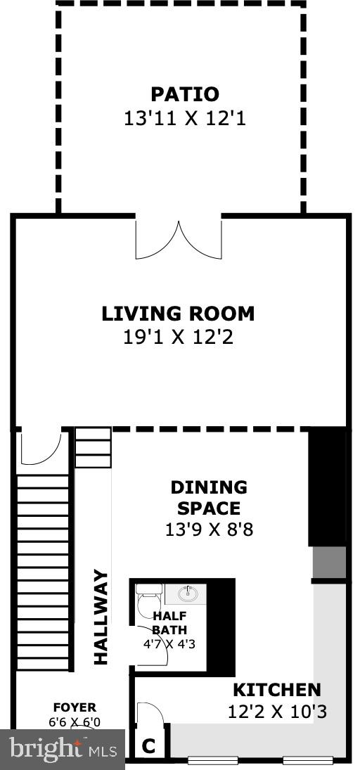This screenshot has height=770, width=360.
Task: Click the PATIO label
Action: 185,94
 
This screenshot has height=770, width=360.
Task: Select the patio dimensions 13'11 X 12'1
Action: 185,119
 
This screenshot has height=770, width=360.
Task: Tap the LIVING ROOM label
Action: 178,314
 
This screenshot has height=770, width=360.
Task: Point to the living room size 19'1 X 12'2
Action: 178,338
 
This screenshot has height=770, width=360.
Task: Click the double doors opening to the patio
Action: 179,240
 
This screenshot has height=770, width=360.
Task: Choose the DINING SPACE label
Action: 209,497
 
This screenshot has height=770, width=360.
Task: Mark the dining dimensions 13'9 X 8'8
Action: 209,530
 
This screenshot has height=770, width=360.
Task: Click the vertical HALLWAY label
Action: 101,617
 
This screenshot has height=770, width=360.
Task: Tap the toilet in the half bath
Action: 149,601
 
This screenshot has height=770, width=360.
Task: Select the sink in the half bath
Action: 187,594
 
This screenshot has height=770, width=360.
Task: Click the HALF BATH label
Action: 169,622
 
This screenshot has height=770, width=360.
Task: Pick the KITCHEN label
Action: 276,690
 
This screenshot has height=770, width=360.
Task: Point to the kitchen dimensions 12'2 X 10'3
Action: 277,712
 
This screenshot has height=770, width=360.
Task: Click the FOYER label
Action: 75,707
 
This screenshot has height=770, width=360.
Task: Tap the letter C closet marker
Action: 148,746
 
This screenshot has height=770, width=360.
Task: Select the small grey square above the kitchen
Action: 329,562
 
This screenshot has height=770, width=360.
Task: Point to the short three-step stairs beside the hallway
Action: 93,447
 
